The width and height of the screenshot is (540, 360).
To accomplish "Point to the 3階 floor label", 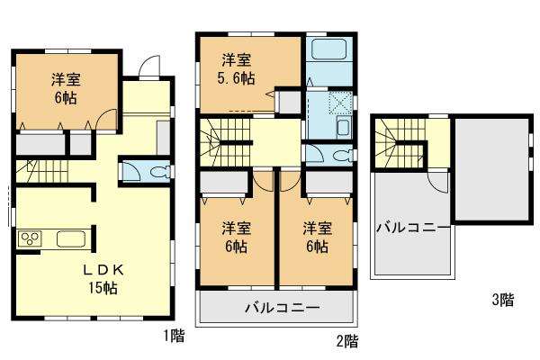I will [501, 300].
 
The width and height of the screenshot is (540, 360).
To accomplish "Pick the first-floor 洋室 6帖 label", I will [66, 86].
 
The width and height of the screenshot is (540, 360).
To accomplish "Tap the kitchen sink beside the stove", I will [71, 239].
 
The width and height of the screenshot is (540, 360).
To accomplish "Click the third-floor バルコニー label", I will [412, 228].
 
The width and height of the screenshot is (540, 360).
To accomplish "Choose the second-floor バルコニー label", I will [282, 309].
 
